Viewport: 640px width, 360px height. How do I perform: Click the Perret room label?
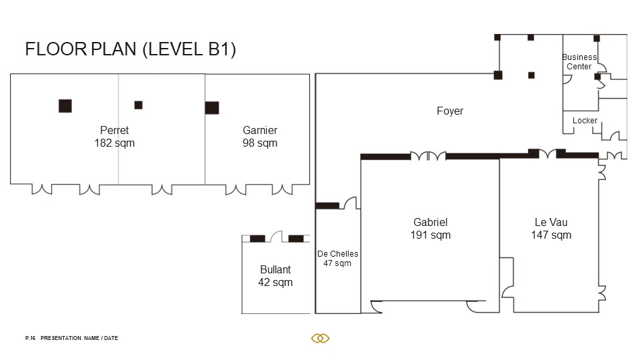tap(114, 130)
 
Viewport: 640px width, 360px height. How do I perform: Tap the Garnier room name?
tap(260, 130)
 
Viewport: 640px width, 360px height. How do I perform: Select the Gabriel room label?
tap(430, 222)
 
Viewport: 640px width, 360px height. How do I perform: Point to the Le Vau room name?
tap(551, 222)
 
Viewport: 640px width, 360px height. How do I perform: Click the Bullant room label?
tap(275, 269)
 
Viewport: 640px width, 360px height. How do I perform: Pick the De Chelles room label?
tap(338, 253)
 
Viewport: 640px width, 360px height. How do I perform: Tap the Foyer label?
tap(450, 111)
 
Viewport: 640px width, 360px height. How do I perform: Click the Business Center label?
tap(579, 61)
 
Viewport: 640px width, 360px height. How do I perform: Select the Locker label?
tap(585, 121)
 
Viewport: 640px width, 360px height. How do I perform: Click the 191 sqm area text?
tap(431, 235)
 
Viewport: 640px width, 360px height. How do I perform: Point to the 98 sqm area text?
tap(260, 143)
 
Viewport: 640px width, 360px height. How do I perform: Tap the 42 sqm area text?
tap(275, 283)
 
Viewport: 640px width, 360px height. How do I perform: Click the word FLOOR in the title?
tap(56, 49)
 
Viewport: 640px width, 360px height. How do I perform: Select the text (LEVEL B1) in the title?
tap(189, 49)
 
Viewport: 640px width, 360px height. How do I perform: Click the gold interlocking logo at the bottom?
tap(321, 338)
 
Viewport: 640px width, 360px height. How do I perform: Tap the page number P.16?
tap(30, 338)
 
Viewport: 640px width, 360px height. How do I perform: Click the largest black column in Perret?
tap(65, 106)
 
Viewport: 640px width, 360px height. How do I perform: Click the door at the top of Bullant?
tap(276, 236)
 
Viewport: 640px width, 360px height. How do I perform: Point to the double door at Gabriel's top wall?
tap(428, 155)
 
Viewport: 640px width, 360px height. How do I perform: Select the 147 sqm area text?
tap(551, 235)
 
